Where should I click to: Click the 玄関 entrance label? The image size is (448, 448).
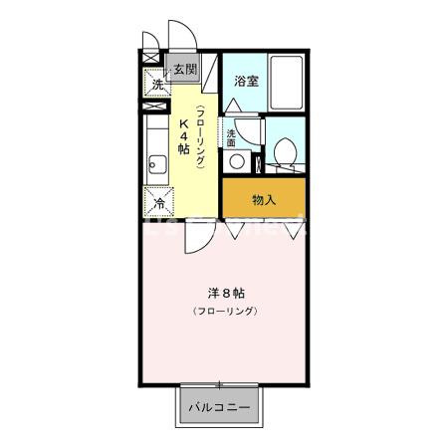click(184, 70)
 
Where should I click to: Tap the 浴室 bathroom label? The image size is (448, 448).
click(247, 82)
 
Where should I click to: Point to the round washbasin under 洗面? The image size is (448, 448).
click(237, 160)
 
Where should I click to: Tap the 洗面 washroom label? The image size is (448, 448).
click(231, 138)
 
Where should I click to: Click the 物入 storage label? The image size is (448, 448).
click(264, 200)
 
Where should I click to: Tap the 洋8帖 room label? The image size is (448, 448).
click(226, 294)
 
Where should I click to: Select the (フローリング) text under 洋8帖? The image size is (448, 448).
click(226, 313)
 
